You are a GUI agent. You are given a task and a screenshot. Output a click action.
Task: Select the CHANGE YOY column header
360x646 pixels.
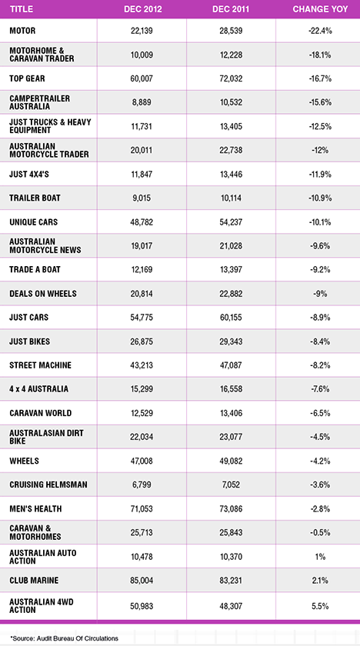[320, 9]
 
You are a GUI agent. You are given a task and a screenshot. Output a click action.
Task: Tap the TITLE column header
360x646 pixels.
[21, 9]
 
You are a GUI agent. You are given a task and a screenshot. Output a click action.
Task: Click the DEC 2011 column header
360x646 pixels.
[230, 9]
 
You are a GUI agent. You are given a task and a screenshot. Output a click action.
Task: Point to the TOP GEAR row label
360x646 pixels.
[28, 78]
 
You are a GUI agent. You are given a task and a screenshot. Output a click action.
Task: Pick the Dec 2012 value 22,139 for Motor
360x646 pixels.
[142, 31]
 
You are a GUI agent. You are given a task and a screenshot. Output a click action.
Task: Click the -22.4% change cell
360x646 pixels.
[320, 31]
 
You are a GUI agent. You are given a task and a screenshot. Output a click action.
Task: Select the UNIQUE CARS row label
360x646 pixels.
[33, 221]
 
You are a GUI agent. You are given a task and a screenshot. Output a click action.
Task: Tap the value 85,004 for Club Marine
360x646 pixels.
[142, 580]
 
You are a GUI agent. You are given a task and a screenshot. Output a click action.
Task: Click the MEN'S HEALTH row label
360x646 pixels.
[36, 508]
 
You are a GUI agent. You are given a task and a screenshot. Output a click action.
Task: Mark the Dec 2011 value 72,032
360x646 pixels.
[231, 78]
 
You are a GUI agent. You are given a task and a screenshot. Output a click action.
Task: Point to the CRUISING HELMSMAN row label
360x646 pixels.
[48, 484]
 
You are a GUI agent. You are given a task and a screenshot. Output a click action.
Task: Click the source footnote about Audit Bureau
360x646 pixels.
[65, 638]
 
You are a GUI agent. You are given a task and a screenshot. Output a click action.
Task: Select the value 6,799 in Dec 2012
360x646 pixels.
[142, 484]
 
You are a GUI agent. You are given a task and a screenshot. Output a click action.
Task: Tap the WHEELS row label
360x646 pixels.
[25, 461]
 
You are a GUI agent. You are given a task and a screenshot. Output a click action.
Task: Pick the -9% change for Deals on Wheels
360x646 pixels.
[320, 293]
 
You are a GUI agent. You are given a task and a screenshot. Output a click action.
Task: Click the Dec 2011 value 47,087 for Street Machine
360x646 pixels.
[231, 365]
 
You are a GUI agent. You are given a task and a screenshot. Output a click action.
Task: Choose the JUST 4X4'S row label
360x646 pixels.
[28, 174]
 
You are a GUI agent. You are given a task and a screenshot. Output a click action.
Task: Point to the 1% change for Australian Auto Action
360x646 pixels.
[321, 557]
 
